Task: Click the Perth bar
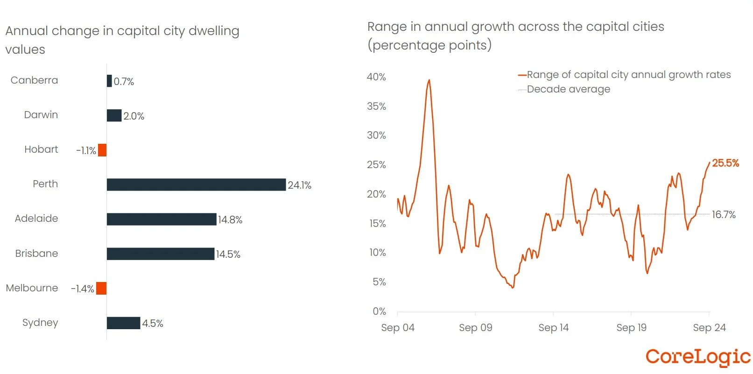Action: point(196,184)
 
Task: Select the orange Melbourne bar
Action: point(101,289)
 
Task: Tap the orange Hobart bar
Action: point(102,150)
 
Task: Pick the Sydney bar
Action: point(123,323)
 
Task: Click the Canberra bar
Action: point(109,81)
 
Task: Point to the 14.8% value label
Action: point(230,220)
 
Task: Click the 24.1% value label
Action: point(299,185)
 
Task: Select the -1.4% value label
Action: point(83,289)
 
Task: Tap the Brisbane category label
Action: point(36,254)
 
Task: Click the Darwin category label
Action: point(41,115)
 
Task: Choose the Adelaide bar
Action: point(162,219)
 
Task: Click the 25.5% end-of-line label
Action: point(725,163)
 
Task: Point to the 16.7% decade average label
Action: point(724,215)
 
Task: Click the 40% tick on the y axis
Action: point(376,77)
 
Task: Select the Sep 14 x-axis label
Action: point(553,328)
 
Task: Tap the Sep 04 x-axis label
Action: point(398,328)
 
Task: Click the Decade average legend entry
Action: point(568,89)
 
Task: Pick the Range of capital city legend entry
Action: point(628,75)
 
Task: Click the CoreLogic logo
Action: point(698,357)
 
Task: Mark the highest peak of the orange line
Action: point(429,80)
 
